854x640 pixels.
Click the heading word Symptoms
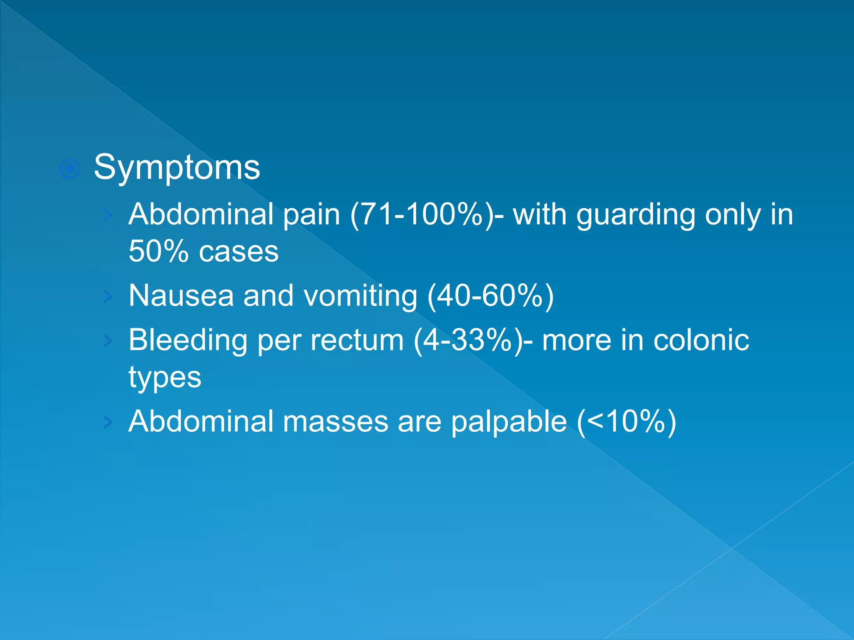click(177, 167)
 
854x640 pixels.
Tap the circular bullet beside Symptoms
click(70, 169)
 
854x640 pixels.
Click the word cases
click(239, 252)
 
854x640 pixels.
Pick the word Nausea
click(181, 296)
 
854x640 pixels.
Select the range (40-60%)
click(491, 296)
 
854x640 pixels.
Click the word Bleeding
click(188, 340)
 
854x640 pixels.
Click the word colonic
click(701, 340)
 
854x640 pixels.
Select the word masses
click(335, 422)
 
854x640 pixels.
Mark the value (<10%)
click(626, 422)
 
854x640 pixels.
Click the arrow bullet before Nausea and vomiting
click(108, 297)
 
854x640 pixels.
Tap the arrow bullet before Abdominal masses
click(108, 422)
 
